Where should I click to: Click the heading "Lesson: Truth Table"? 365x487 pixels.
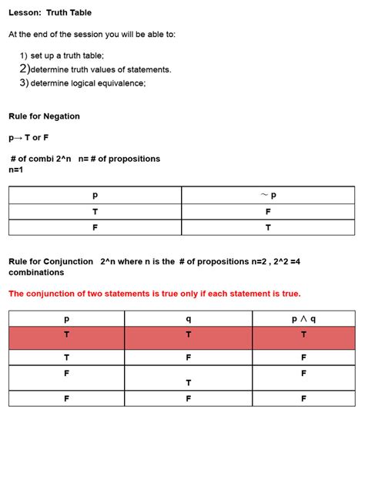click(x=50, y=13)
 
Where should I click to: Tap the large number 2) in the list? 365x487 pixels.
click(x=24, y=69)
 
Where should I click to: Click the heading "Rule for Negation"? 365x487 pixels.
click(x=44, y=116)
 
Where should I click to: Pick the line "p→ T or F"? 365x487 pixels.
click(x=28, y=138)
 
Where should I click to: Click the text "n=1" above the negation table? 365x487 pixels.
click(x=16, y=170)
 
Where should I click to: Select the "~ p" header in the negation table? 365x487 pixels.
click(x=268, y=195)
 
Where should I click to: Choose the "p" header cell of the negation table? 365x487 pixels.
click(x=95, y=195)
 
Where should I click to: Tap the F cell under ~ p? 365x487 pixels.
click(x=268, y=211)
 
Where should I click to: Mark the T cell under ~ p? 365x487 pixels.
click(x=268, y=228)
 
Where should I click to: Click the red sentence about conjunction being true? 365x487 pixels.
click(x=154, y=294)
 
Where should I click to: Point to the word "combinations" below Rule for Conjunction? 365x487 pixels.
click(x=36, y=273)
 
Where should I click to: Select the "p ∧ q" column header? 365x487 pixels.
click(x=303, y=318)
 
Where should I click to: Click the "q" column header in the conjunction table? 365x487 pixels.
click(x=189, y=318)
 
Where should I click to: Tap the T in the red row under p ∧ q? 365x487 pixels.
click(x=303, y=334)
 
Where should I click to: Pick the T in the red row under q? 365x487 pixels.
click(x=189, y=334)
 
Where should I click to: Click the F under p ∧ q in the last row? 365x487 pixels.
click(x=303, y=398)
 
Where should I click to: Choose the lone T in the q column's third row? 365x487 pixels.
click(x=189, y=382)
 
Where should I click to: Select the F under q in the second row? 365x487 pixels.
click(x=189, y=358)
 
